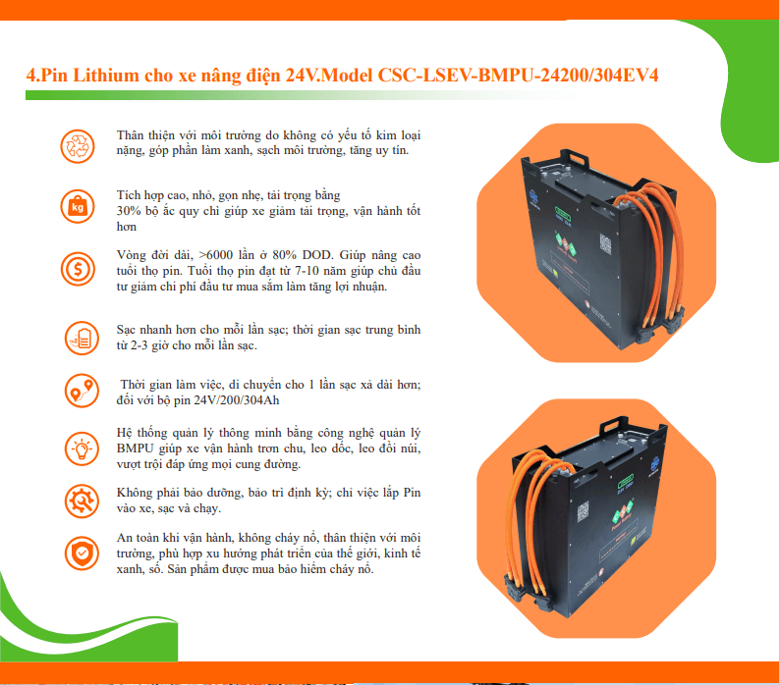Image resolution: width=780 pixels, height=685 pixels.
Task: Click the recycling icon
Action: (x=78, y=146)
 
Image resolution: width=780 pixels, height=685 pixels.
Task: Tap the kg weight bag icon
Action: (x=78, y=206)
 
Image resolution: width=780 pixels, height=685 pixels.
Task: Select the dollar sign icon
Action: (x=78, y=269)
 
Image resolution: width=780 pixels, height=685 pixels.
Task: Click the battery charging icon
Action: (x=83, y=338)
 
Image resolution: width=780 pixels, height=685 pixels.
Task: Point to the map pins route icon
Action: (x=83, y=391)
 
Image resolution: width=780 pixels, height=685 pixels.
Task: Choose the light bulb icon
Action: (x=83, y=448)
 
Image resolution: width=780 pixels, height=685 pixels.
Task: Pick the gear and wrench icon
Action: (x=83, y=501)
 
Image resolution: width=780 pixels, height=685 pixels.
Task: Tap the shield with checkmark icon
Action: (x=83, y=553)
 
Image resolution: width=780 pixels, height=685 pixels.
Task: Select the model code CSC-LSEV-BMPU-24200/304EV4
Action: (x=518, y=75)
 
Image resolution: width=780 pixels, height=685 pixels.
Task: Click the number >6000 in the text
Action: (x=215, y=255)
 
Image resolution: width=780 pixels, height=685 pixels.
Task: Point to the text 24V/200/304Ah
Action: (x=237, y=400)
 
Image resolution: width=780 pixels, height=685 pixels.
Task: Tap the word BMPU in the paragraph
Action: (x=136, y=448)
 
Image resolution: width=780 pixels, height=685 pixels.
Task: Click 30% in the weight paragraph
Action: (x=128, y=211)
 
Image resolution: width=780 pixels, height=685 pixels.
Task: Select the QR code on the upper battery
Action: (x=605, y=243)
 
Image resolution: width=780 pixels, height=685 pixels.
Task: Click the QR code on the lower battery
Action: (x=583, y=511)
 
